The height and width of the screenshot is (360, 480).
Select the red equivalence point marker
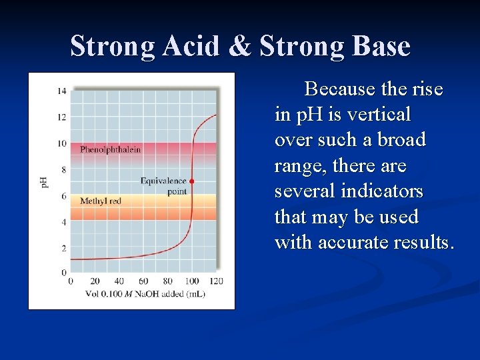tap(192, 181)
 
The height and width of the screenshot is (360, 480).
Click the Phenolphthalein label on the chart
tap(111, 149)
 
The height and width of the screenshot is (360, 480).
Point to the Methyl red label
tap(101, 201)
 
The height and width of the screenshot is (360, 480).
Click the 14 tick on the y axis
tap(61, 91)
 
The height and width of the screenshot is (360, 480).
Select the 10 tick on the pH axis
tap(61, 143)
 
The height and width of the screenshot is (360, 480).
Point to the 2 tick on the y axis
tap(63, 248)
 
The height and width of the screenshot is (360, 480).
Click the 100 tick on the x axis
tap(191, 281)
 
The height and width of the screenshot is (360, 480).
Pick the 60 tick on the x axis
tap(143, 281)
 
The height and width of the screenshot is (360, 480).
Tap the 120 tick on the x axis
tap(216, 281)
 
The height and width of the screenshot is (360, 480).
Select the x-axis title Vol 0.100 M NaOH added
tap(145, 293)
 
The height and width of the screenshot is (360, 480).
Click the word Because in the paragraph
tap(339, 89)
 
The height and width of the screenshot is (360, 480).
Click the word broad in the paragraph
tap(402, 140)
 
